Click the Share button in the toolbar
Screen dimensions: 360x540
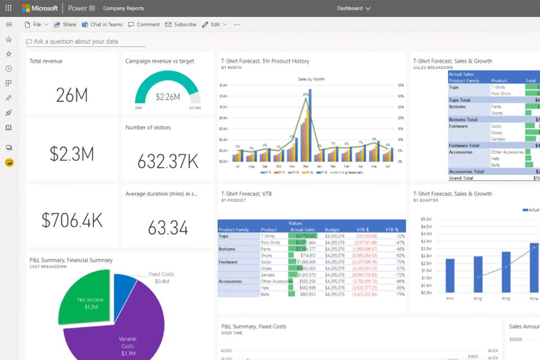65,25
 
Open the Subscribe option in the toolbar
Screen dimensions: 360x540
181,25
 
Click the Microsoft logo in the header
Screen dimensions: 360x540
39,8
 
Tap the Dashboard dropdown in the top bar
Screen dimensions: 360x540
354,8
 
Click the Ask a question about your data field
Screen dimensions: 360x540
84,42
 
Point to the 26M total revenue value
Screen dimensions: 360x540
72,95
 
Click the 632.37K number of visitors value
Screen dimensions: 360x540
168,161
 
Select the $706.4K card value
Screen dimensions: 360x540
72,220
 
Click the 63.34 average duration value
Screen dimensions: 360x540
168,228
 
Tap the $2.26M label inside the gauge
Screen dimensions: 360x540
168,97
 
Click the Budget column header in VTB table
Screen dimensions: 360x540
332,229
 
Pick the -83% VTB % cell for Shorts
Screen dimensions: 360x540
399,255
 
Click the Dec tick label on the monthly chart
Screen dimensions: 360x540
306,167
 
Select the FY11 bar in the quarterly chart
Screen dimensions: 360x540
449,276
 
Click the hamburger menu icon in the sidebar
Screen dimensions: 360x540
8,25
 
